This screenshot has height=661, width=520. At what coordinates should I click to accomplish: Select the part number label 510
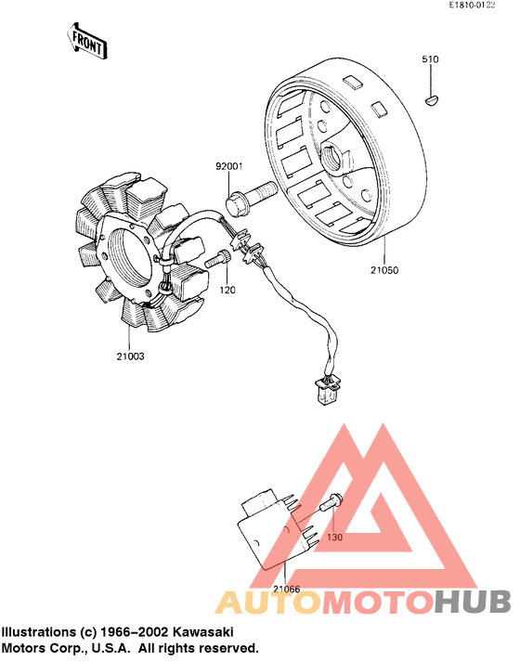(430, 59)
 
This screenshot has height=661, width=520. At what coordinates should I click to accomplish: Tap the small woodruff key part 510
(431, 95)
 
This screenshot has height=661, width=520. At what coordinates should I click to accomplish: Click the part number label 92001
(228, 167)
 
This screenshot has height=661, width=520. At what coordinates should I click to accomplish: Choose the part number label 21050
(383, 271)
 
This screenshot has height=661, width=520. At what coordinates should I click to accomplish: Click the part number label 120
(227, 291)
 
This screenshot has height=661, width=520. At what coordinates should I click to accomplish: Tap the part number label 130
(335, 537)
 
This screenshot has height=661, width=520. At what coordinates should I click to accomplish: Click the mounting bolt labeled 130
(331, 505)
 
